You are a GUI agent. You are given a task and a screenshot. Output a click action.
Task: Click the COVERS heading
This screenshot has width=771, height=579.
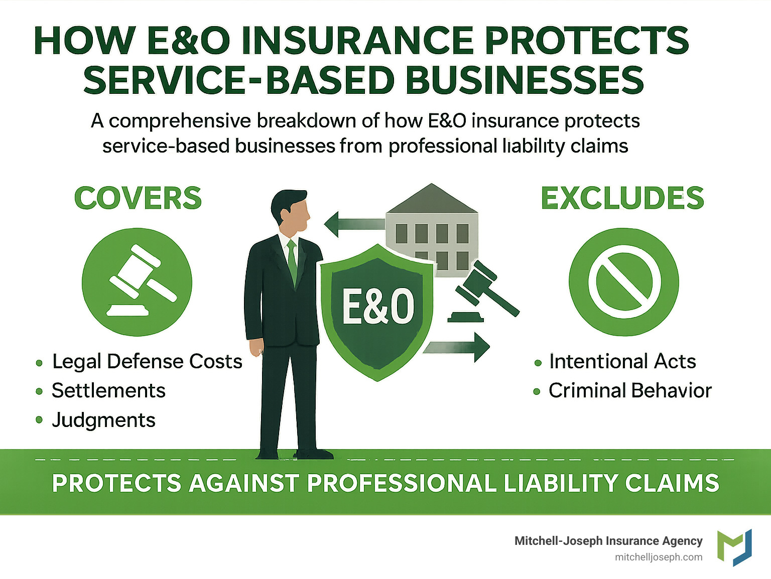click(x=138, y=198)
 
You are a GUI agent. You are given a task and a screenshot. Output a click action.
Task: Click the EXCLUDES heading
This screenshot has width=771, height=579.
click(x=622, y=198)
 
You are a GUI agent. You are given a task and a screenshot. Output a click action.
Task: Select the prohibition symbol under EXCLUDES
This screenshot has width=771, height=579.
click(x=624, y=282)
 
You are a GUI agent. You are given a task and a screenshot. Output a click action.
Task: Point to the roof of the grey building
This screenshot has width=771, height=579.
click(x=432, y=198)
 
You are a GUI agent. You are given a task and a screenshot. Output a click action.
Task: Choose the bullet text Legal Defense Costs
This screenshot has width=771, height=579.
click(x=147, y=361)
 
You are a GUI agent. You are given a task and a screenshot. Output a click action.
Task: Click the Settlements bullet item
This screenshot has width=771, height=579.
click(x=108, y=390)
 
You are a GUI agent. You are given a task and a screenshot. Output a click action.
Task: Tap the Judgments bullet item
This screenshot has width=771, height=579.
click(x=103, y=420)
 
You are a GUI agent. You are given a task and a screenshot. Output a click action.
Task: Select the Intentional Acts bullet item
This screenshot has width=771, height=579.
click(x=622, y=361)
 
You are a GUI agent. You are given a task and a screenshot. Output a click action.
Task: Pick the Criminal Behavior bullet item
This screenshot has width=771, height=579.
click(x=630, y=390)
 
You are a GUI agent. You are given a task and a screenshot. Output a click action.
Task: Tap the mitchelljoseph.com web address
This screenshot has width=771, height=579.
click(x=659, y=557)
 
